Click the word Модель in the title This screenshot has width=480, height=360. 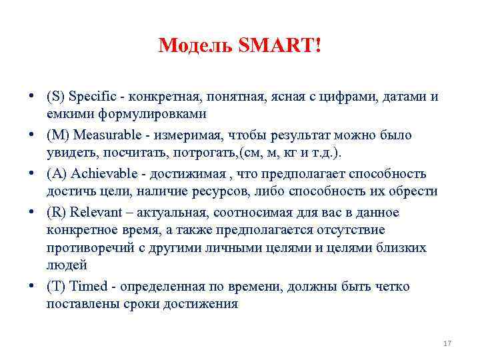[194, 46]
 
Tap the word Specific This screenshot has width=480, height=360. [92, 97]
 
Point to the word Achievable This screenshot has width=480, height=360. [101, 174]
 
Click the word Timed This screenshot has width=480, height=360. [88, 287]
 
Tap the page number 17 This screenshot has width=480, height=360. [447, 343]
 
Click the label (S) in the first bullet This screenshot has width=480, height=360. [56, 97]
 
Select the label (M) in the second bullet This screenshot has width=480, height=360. [58, 135]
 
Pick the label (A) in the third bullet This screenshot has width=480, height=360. [57, 174]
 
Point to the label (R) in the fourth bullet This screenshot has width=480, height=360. [57, 213]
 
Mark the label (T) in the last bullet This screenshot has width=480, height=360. [56, 287]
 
